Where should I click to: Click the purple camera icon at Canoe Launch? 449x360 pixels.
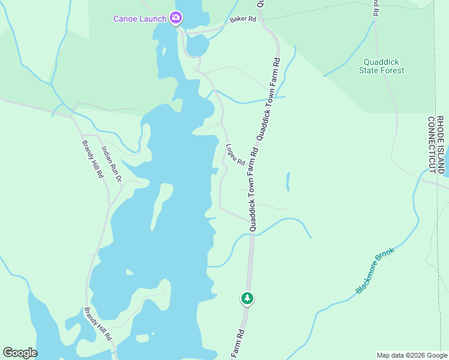point(175,18)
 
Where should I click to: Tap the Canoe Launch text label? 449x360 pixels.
point(140,19)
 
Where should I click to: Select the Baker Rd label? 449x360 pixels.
point(243,20)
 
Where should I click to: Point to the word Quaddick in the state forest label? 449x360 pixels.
point(381,62)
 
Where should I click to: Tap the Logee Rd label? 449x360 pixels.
point(235,154)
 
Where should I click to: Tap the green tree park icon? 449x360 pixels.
point(247,298)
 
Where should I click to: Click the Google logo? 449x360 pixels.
point(20,353)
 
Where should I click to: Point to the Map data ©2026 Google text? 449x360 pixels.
point(412,355)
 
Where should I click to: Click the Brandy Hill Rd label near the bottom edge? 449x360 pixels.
point(98,325)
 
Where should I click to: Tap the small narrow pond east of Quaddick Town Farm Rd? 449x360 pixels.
point(288,181)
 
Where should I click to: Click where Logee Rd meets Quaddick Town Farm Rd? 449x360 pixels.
point(250,220)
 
